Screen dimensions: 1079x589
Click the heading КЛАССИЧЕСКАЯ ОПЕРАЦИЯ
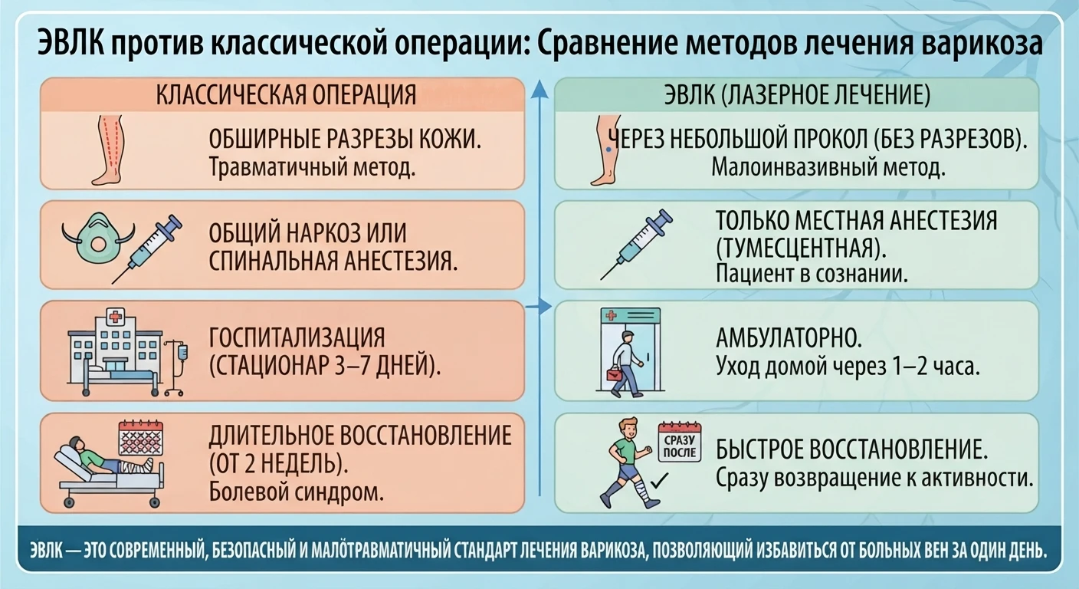[286, 94]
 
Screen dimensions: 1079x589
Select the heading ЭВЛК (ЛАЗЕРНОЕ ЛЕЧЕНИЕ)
[797, 94]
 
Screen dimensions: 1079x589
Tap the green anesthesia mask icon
[98, 237]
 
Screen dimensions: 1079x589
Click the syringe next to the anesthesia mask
[146, 248]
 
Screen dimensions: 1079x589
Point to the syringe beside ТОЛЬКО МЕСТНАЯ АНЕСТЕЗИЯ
[636, 245]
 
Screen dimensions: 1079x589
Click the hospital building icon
[115, 352]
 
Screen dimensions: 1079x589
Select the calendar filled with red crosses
[141, 438]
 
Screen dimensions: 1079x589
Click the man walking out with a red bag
[626, 364]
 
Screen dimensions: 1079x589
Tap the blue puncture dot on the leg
[608, 150]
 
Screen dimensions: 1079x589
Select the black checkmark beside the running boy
[659, 480]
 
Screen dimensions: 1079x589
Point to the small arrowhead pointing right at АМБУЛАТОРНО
[545, 306]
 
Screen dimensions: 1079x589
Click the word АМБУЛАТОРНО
[789, 338]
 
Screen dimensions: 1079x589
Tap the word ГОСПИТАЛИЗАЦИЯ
[297, 337]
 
